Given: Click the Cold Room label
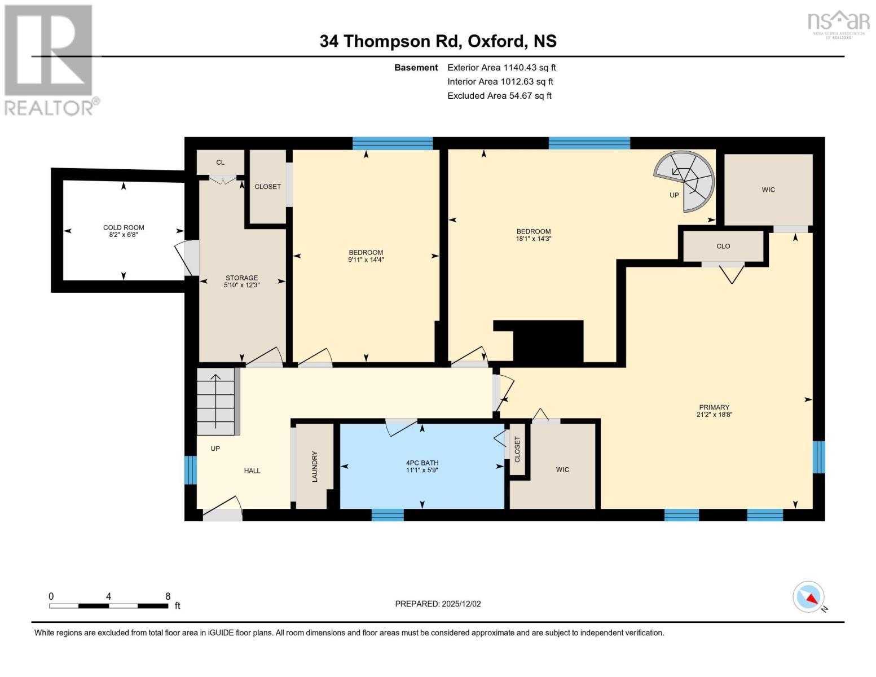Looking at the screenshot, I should click(124, 227).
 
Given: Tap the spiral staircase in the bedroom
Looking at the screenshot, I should click(685, 181).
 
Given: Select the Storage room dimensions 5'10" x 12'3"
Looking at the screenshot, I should click(241, 285).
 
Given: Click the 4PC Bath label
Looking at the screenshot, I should click(422, 463).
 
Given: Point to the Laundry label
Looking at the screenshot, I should click(315, 466).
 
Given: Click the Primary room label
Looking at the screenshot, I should click(714, 407).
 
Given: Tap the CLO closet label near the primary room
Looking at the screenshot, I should click(723, 246).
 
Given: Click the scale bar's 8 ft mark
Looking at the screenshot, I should click(168, 596).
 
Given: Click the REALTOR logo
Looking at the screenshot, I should click(50, 60).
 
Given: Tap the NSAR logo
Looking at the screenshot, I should click(839, 23).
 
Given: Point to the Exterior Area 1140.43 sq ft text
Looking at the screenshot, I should click(501, 67).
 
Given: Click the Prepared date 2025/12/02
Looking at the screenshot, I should click(438, 604).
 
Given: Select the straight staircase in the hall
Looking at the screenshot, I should click(215, 401).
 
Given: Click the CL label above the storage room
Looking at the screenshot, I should click(220, 162).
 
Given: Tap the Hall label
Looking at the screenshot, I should click(252, 471).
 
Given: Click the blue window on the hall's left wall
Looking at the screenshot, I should click(191, 470).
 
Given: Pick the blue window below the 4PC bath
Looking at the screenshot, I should click(388, 515).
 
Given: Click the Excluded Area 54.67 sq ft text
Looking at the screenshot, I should click(499, 96).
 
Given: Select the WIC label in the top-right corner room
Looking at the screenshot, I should click(768, 190).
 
